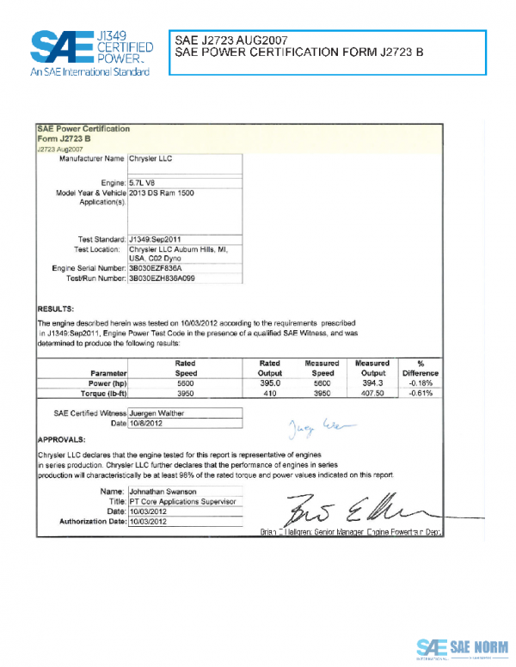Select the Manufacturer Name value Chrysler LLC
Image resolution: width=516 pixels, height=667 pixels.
[150, 159]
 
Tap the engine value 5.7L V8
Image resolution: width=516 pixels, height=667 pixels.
[143, 184]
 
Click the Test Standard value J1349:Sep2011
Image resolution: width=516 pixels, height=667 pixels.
[155, 239]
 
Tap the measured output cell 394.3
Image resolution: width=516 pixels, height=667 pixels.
[372, 383]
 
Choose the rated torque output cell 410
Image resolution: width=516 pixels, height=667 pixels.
[270, 393]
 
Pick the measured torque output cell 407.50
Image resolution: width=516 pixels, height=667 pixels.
[372, 393]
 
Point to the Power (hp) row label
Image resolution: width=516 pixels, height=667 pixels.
[102, 383]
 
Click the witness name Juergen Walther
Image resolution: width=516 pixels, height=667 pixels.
[157, 413]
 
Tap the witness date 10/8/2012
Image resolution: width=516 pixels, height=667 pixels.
[144, 423]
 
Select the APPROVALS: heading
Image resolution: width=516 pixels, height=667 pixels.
[61, 438]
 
